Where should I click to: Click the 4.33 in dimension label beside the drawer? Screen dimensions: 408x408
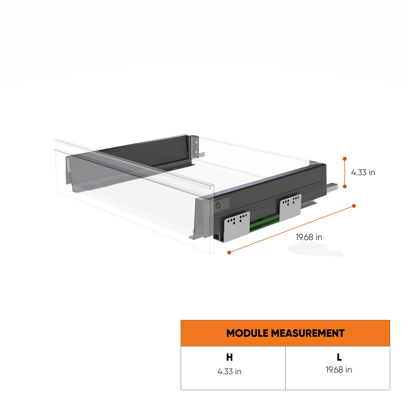[363, 173]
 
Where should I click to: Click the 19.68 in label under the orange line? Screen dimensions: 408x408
[309, 237]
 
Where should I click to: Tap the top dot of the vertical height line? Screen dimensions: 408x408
[345, 159]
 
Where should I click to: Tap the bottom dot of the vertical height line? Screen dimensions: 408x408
[345, 186]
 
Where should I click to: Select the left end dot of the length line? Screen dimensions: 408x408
[229, 252]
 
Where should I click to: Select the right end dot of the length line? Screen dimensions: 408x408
[354, 206]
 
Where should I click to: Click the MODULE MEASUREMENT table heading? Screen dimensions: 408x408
[285, 333]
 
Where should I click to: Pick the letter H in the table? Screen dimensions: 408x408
[229, 357]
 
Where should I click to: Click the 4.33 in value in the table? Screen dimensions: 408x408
[229, 371]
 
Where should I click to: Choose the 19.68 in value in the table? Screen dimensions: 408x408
[339, 370]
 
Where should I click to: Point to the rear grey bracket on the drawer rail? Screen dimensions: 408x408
[290, 207]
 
